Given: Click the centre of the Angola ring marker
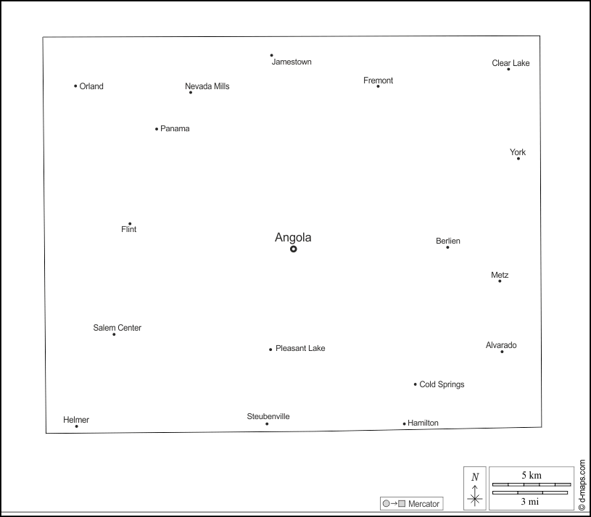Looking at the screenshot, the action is (294, 249).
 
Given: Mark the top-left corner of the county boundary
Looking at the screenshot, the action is (43, 37).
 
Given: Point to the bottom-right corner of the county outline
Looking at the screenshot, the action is (542, 427).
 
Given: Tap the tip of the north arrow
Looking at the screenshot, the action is (475, 486).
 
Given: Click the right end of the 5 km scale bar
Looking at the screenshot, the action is (571, 484).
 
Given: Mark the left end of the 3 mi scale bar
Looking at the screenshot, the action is (492, 492).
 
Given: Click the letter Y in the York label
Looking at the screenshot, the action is (512, 152).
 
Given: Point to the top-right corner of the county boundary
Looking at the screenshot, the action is (540, 36).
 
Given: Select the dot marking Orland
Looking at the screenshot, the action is (75, 86).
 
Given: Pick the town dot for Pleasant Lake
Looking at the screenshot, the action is (270, 350).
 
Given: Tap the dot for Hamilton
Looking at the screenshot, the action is (405, 423).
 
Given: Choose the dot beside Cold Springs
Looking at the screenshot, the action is (416, 384).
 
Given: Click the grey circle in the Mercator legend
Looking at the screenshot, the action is (386, 503).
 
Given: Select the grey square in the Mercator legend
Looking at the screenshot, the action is (402, 503).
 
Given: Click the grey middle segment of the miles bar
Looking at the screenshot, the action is (530, 492).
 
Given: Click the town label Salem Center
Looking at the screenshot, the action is (117, 328).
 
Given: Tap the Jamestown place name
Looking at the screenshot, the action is (292, 62).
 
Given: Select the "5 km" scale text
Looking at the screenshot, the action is (532, 475).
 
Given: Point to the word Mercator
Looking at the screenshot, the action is (423, 504).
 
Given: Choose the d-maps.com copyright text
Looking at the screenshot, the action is (582, 485).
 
